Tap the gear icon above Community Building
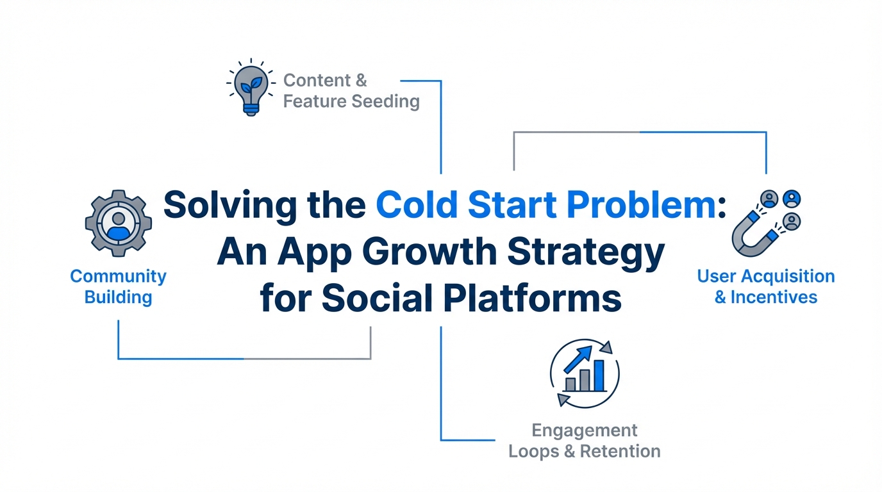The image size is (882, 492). pos(119,223)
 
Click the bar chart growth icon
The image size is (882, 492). pos(585,373)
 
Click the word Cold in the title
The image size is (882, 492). pos(417,205)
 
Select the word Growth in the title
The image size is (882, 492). pos(429,251)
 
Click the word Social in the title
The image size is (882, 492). pos(377,297)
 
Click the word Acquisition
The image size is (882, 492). pos(788,277)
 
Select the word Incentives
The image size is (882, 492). pos(774,297)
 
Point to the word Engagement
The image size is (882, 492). pos(585,431)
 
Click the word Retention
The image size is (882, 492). pos(620,451)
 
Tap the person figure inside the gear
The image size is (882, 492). pos(119,226)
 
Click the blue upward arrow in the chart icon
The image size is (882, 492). pos(578,359)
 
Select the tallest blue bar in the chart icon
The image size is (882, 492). pos(599,375)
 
